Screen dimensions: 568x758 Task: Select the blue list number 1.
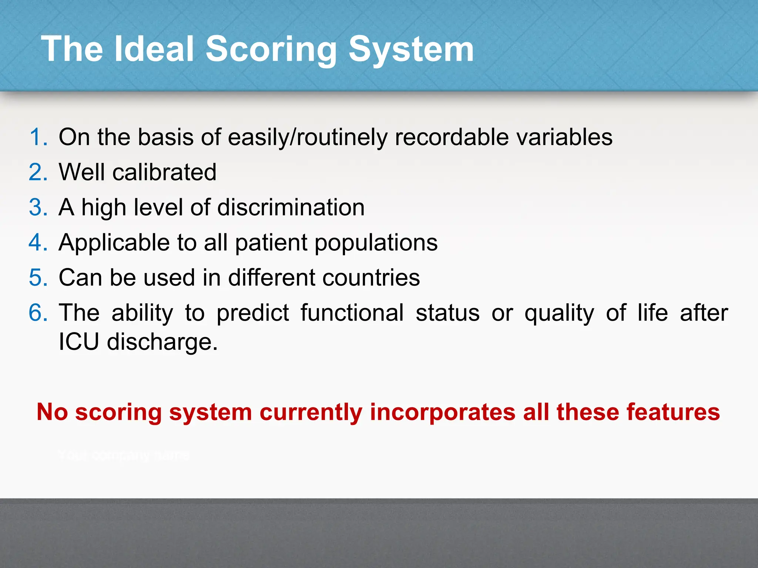tap(38, 137)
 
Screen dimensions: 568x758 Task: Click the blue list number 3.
tap(38, 207)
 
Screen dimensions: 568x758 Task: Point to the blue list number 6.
tap(38, 313)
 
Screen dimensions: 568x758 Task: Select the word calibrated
tap(164, 172)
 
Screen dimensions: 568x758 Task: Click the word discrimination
tap(291, 207)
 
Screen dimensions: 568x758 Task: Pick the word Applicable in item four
tap(114, 243)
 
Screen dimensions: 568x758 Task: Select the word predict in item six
tap(252, 313)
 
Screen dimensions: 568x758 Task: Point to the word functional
tap(352, 313)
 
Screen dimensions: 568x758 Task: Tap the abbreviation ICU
tap(78, 341)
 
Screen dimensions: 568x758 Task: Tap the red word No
tap(52, 412)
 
